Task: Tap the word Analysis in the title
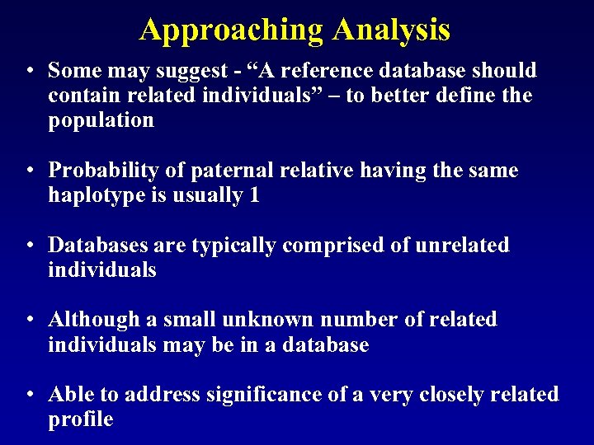tap(391, 30)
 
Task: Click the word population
tap(101, 120)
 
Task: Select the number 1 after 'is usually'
tap(253, 195)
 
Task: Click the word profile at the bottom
tap(80, 419)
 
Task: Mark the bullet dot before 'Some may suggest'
tap(30, 72)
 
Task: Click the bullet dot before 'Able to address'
tap(30, 396)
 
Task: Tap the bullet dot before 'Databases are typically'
tap(30, 246)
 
